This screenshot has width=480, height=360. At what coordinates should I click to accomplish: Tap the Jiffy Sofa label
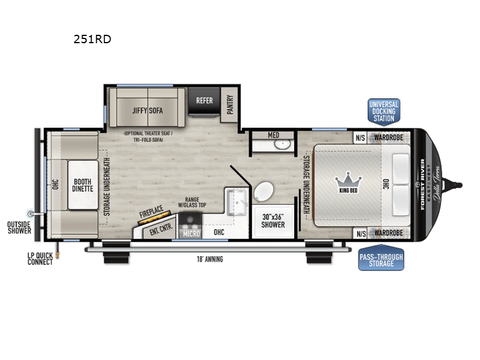click(x=148, y=110)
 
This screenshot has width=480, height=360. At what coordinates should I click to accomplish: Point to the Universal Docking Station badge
click(x=383, y=111)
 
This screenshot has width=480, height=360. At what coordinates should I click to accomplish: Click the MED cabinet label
click(x=274, y=136)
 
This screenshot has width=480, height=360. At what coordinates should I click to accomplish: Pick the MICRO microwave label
click(x=191, y=233)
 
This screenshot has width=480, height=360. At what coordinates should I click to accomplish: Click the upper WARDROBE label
click(x=390, y=136)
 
